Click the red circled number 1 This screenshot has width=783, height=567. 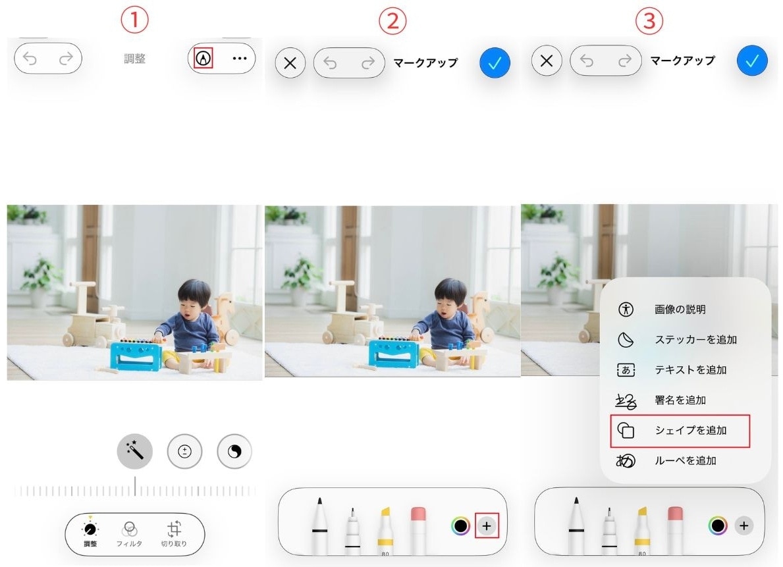134,20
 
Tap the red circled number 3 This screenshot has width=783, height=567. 649,20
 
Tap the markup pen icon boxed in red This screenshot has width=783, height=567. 204,59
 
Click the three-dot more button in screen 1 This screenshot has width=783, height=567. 239,59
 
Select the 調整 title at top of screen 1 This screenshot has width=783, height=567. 135,59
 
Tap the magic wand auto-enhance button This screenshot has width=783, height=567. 135,451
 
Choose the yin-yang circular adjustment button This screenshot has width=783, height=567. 234,451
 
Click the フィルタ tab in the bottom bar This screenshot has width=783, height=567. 129,533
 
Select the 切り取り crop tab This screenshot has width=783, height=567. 174,533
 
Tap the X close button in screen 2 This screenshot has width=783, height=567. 290,63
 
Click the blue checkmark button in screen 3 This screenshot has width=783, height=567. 752,61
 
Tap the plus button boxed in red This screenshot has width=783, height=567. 487,526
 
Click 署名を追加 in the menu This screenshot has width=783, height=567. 681,400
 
